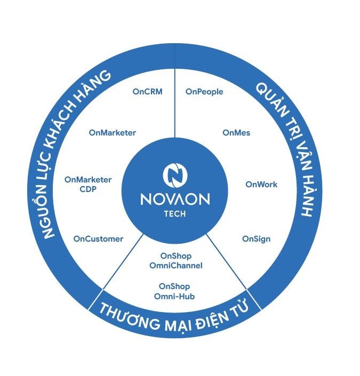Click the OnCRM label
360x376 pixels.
click(x=147, y=91)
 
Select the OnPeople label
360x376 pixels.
click(x=204, y=91)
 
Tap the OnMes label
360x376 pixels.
click(x=236, y=132)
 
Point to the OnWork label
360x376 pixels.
click(x=261, y=185)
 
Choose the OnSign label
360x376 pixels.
click(x=256, y=238)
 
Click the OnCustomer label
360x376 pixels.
click(x=98, y=238)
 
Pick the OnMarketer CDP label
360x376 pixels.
click(x=88, y=184)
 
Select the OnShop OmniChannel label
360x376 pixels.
click(x=176, y=260)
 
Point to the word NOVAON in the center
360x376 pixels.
click(x=175, y=199)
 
